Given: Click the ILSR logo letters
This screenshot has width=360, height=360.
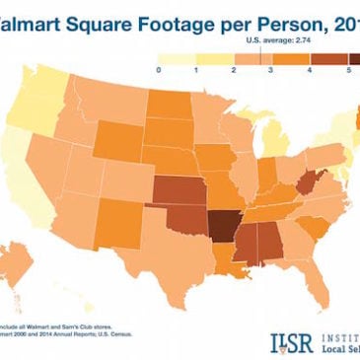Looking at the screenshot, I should (x=289, y=340).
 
